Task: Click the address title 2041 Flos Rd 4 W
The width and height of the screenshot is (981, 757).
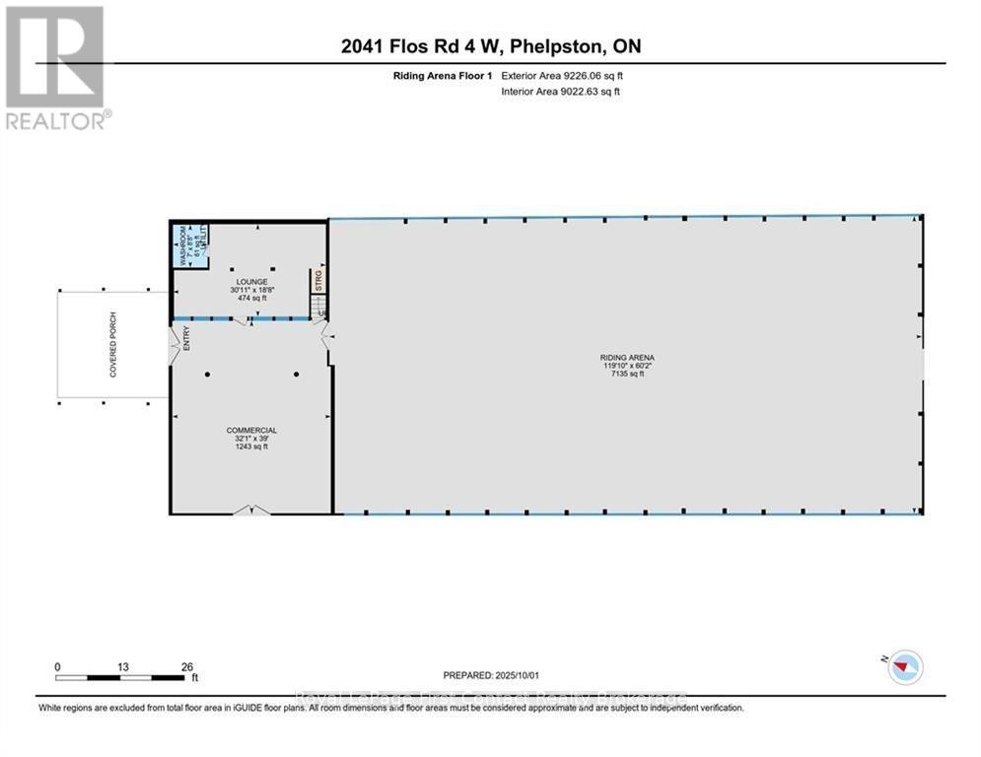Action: click(x=490, y=46)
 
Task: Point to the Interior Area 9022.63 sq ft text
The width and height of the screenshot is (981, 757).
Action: click(x=561, y=92)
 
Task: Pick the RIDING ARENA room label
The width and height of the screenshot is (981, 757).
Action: click(x=628, y=357)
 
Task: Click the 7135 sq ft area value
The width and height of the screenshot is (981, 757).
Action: click(x=628, y=375)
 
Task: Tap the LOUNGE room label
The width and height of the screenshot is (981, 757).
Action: click(x=251, y=281)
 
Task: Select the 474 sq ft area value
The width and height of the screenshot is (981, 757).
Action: click(x=251, y=298)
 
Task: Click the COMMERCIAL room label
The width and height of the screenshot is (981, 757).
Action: click(x=251, y=430)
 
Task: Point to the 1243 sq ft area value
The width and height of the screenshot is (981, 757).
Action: click(x=251, y=447)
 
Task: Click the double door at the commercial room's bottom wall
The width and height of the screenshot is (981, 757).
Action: click(x=250, y=510)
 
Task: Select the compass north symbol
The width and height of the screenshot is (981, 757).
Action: click(x=903, y=667)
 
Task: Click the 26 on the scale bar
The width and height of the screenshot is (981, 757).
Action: click(x=187, y=666)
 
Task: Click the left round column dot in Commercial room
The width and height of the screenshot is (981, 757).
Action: click(x=207, y=375)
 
